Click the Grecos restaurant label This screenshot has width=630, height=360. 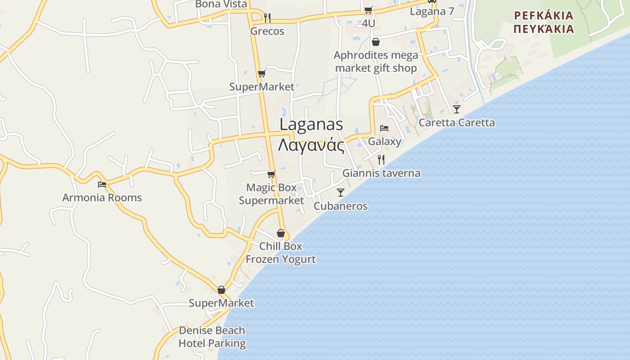coord(267,31)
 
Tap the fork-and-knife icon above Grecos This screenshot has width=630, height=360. coord(267,18)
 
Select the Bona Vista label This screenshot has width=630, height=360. coord(221,4)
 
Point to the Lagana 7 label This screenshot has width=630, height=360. coord(432,12)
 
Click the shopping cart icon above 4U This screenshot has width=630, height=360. coord(369,10)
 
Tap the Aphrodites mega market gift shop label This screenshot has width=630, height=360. coord(376,62)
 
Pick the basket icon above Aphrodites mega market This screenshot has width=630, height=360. coord(376,42)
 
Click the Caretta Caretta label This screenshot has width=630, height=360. coord(457,122)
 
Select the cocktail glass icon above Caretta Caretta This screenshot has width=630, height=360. coord(457,109)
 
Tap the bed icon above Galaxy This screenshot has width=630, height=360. coord(384,128)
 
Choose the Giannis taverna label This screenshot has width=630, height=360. coord(382,173)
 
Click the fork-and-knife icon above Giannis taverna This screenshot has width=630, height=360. coord(381,159)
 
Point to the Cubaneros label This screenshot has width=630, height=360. coord(341,206)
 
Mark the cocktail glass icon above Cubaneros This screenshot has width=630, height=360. coord(341,193)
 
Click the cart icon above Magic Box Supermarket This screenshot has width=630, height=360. coord(271,174)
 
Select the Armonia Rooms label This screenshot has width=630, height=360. coord(102,198)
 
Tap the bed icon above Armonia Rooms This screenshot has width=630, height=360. coord(102,184)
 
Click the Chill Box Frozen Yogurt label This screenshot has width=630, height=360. coord(281,253)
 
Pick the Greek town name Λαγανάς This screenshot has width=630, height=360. coord(311,146)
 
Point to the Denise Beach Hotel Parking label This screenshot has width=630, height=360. coord(212,337)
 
